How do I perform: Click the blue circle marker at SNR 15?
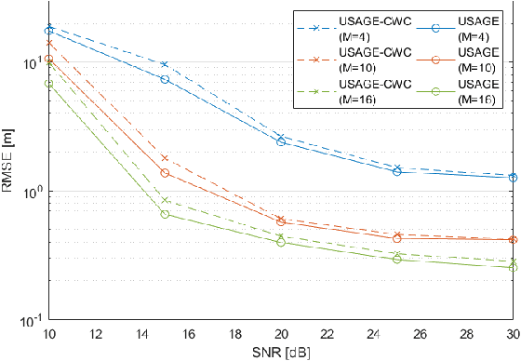coord(165,79)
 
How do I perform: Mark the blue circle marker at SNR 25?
coord(397,171)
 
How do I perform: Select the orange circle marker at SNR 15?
coord(165,173)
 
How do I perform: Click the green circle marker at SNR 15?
coord(165,214)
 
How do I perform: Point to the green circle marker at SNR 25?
coord(397,259)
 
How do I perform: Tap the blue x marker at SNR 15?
coord(165,64)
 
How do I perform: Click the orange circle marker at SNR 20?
coord(281,221)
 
